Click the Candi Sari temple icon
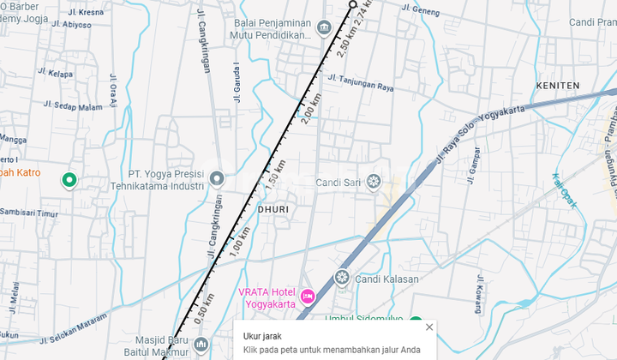pos(374,182)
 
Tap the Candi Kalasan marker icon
pos(341,278)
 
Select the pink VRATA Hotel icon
pos(308,297)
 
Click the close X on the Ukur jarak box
pos(429,327)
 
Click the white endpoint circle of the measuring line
pos(353,4)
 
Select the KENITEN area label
pos(557,86)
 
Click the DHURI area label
pos(273,209)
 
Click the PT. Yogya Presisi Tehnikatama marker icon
pos(217,179)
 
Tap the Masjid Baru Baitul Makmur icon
pos(201,345)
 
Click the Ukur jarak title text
pos(263,336)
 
